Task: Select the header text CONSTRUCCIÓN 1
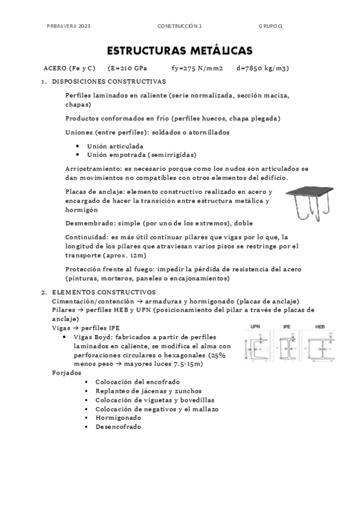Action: click(x=180, y=26)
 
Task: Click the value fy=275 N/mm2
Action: click(x=197, y=69)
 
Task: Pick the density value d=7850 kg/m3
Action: click(x=263, y=69)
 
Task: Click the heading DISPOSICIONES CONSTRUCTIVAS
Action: click(x=109, y=81)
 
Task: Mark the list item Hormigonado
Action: click(x=118, y=417)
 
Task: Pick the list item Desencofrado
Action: click(x=118, y=426)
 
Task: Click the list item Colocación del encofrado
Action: click(x=138, y=382)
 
